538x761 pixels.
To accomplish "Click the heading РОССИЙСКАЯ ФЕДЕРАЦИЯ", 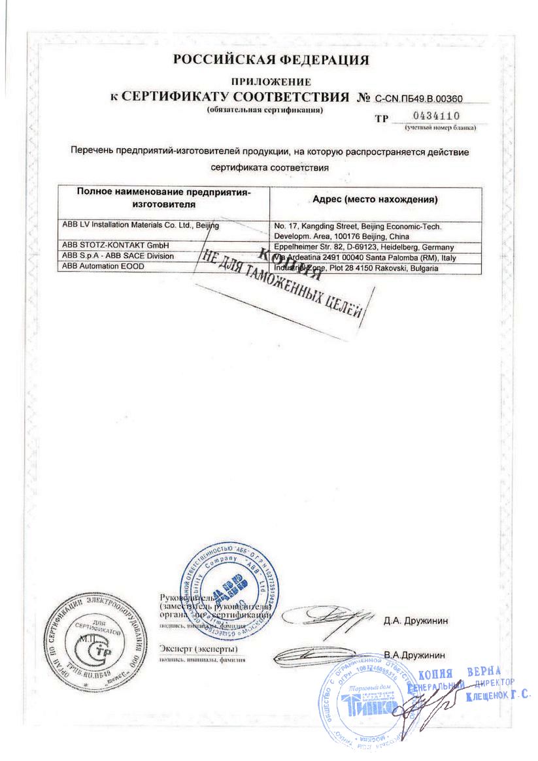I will (271, 60).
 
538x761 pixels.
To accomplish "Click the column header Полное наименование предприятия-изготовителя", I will (163, 198).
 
